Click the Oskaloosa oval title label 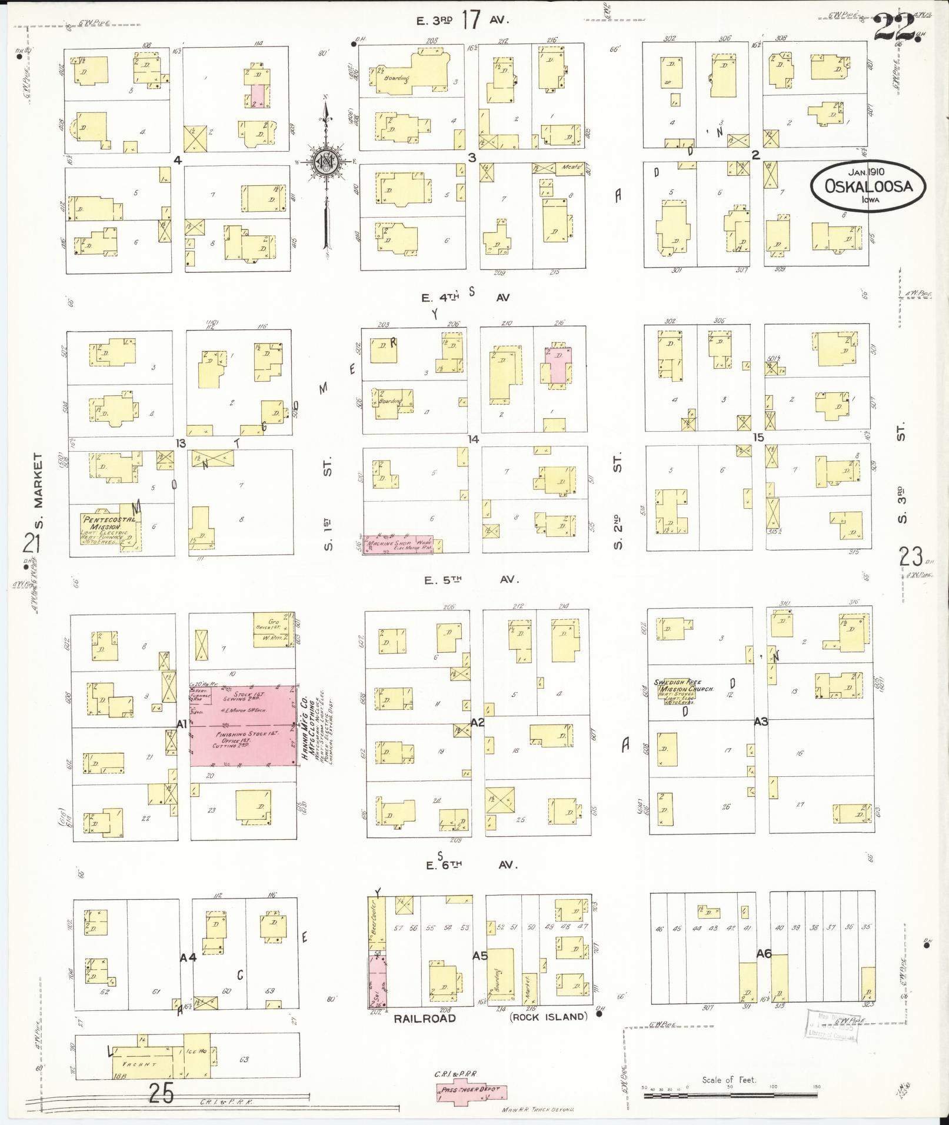868,186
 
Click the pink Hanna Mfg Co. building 242,725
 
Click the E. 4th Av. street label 465,298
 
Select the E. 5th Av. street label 469,580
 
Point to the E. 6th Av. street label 469,865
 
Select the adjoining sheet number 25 161,1094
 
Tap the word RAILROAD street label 425,1018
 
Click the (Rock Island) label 548,1017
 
